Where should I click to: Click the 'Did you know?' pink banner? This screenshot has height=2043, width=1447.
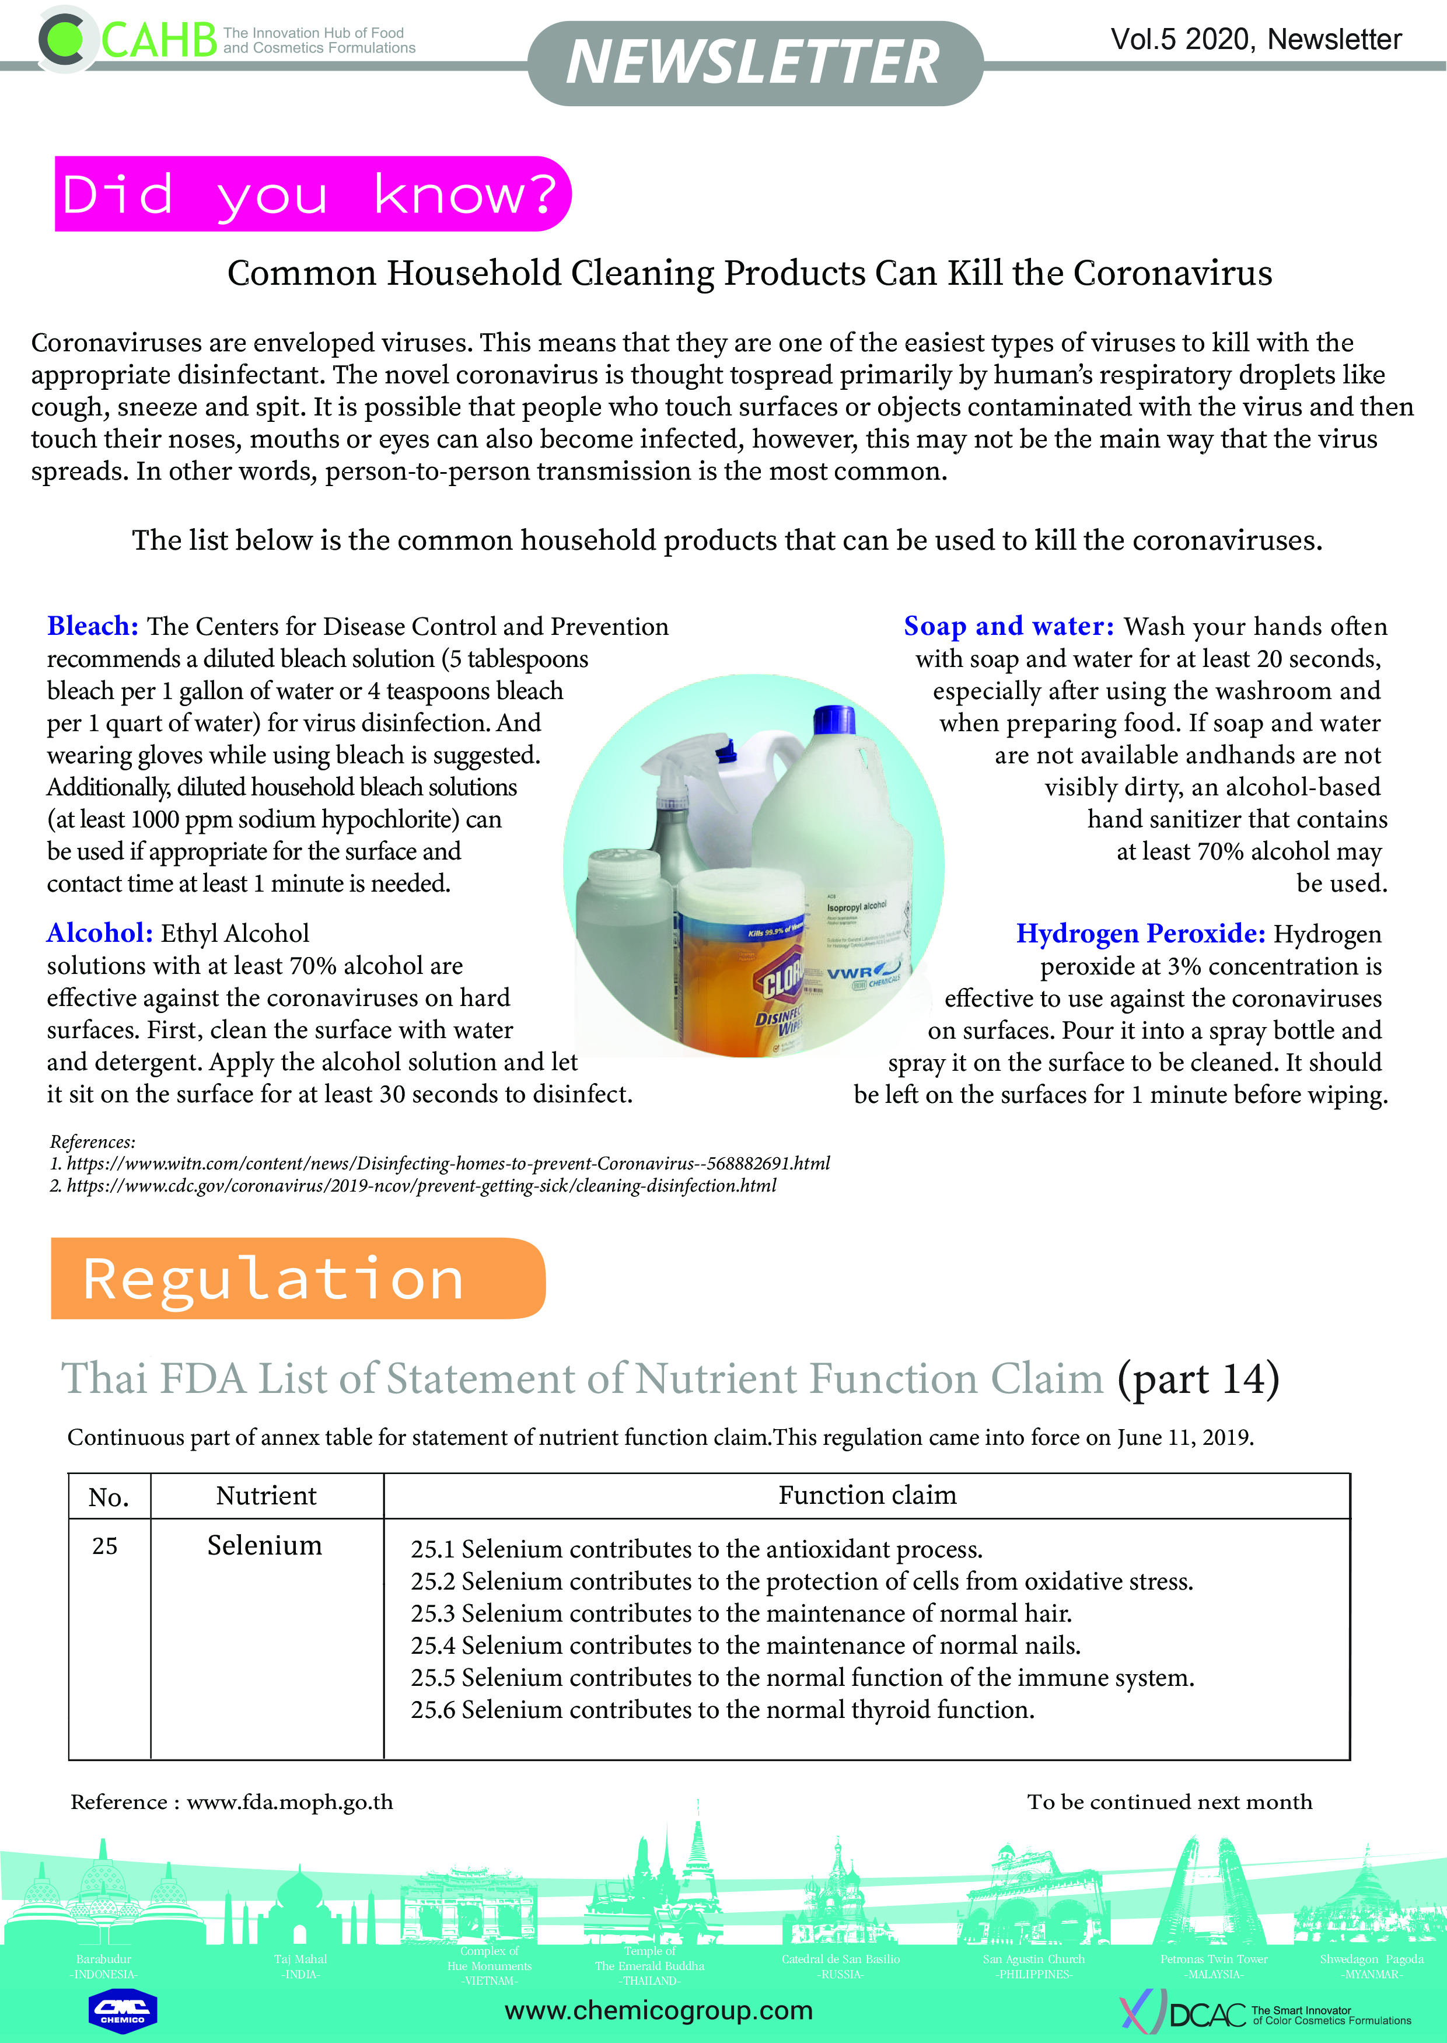pos(311,194)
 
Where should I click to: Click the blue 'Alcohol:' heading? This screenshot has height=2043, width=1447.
pos(100,933)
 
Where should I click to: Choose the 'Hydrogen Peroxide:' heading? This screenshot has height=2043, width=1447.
pos(1141,934)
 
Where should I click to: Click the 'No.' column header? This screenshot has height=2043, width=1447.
pos(109,1497)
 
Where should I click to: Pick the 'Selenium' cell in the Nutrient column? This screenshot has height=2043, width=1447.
pos(265,1545)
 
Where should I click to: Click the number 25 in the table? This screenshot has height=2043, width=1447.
pos(105,1546)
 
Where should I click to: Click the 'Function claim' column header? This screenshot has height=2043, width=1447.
pos(867,1495)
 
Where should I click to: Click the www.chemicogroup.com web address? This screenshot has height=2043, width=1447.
pos(659,2011)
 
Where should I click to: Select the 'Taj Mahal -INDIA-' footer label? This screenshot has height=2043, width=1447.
pos(300,1967)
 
